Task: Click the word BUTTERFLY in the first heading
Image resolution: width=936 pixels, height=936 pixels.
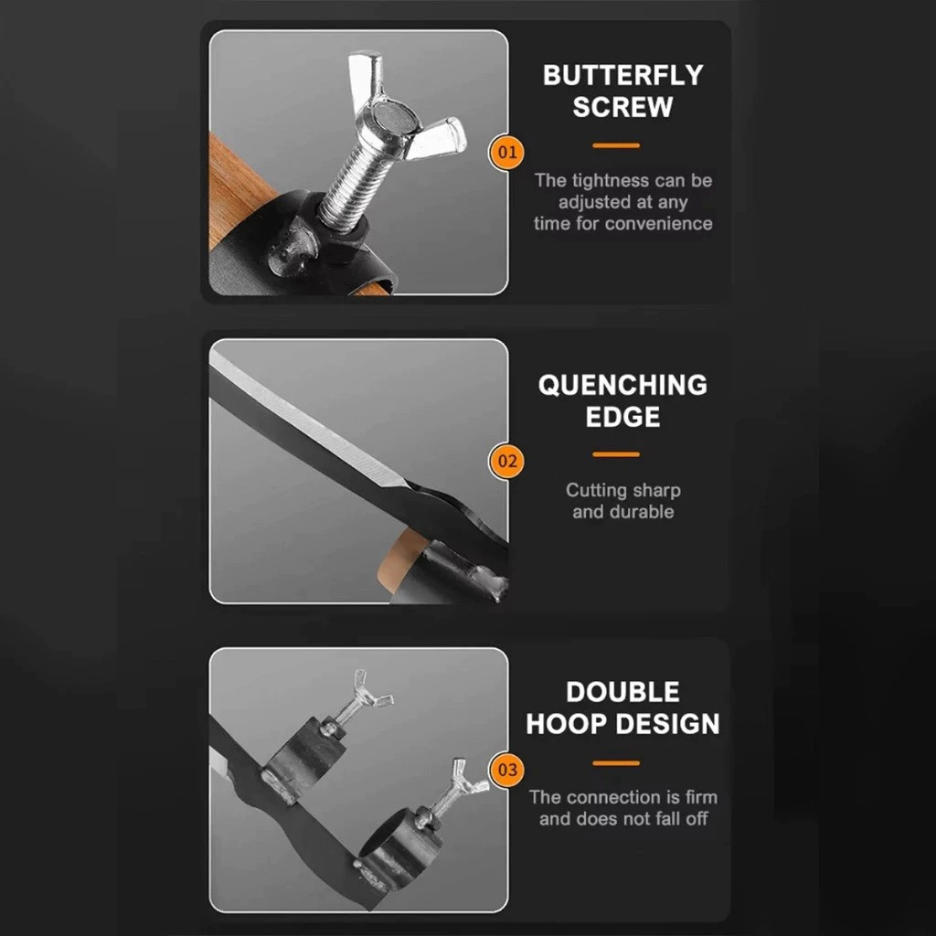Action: coord(622,75)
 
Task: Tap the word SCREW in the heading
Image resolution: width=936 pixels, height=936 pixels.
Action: coord(622,107)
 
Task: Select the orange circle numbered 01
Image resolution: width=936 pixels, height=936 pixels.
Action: coord(506,153)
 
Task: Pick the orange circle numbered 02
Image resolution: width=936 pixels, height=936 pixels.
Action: coord(506,462)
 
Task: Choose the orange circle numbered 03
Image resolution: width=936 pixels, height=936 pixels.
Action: coord(506,770)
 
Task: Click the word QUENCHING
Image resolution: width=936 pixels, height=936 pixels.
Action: coord(622,385)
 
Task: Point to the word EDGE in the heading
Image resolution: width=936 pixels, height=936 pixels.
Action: coord(622,417)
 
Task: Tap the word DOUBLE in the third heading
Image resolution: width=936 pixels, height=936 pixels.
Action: coord(622,693)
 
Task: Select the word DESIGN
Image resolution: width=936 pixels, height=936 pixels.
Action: coord(667,724)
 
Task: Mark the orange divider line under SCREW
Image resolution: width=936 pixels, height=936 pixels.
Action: coord(616,145)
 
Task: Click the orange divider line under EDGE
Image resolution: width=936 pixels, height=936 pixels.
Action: coord(616,455)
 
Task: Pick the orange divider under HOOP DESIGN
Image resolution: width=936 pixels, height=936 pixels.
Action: coord(616,763)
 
